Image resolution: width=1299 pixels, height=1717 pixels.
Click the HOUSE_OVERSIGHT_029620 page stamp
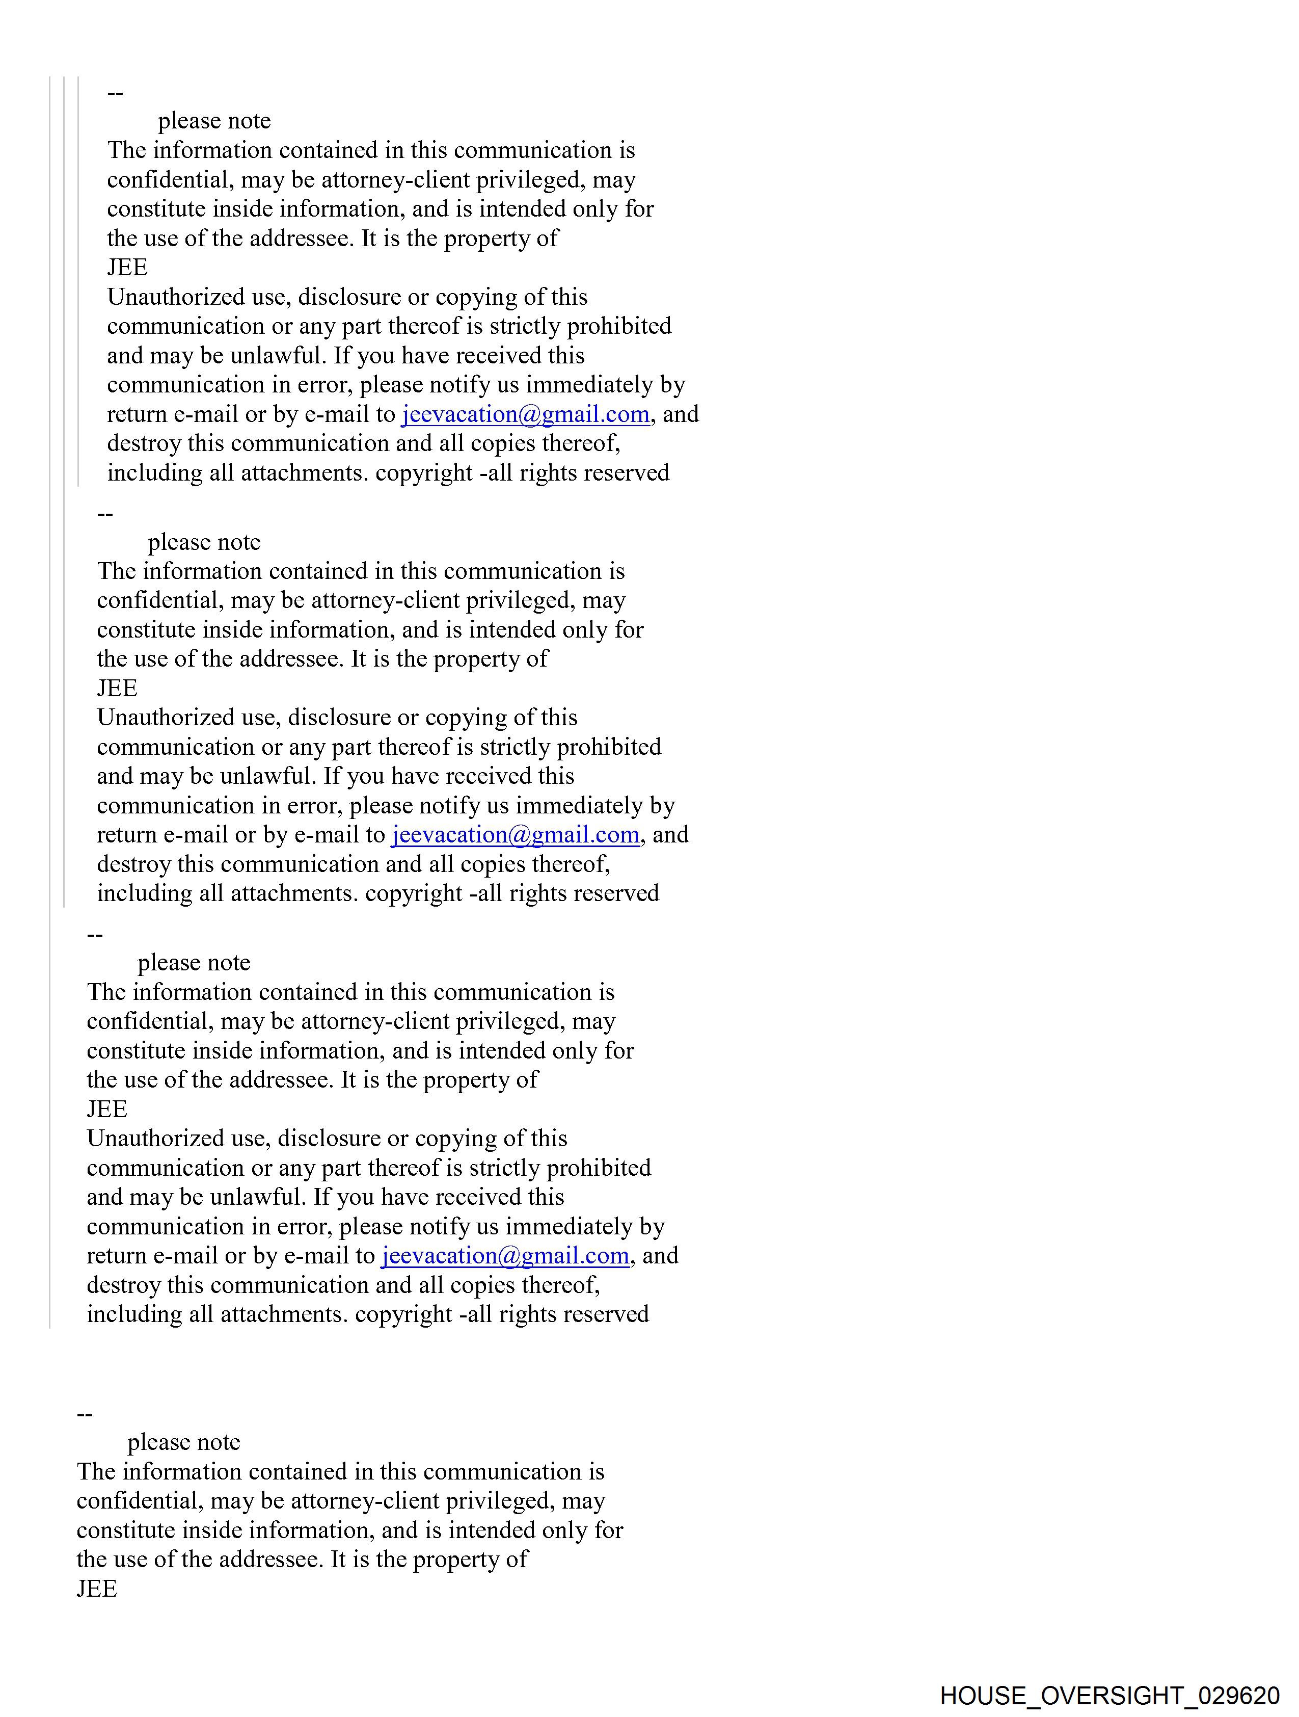click(x=1109, y=1695)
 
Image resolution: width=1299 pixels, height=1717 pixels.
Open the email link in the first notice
click(x=525, y=414)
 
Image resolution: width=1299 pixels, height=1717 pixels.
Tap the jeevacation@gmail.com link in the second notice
click(x=515, y=835)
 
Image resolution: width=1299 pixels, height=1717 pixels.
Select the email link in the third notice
click(x=505, y=1256)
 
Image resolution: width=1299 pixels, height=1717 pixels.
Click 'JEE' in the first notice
click(x=127, y=268)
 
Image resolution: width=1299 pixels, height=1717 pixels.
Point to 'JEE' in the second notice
click(x=117, y=689)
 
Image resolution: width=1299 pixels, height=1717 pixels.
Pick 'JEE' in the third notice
click(x=107, y=1109)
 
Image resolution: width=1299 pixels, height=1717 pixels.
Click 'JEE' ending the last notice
click(x=97, y=1589)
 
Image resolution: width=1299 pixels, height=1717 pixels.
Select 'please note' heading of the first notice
click(x=214, y=121)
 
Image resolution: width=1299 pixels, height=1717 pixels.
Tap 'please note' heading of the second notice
click(x=204, y=542)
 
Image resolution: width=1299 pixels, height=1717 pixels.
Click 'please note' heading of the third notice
click(x=194, y=963)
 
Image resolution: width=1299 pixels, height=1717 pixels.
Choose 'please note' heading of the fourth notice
click(x=184, y=1442)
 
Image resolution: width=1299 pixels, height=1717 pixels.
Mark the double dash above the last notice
click(x=85, y=1414)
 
